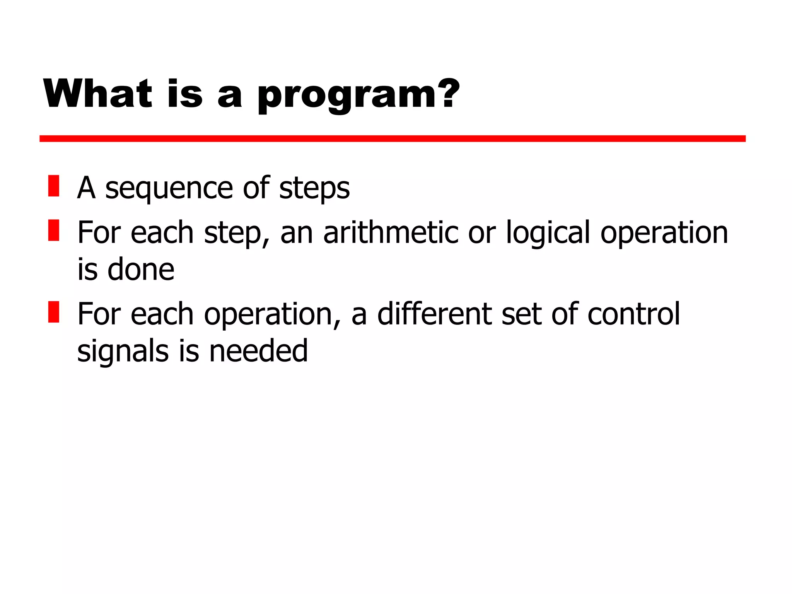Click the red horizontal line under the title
click(392, 138)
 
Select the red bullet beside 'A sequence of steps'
click(54, 186)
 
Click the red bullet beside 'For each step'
click(54, 230)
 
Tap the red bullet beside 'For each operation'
click(54, 312)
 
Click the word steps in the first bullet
click(314, 189)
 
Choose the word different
click(435, 314)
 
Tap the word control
click(633, 314)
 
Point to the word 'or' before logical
click(482, 233)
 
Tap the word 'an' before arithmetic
click(297, 233)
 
